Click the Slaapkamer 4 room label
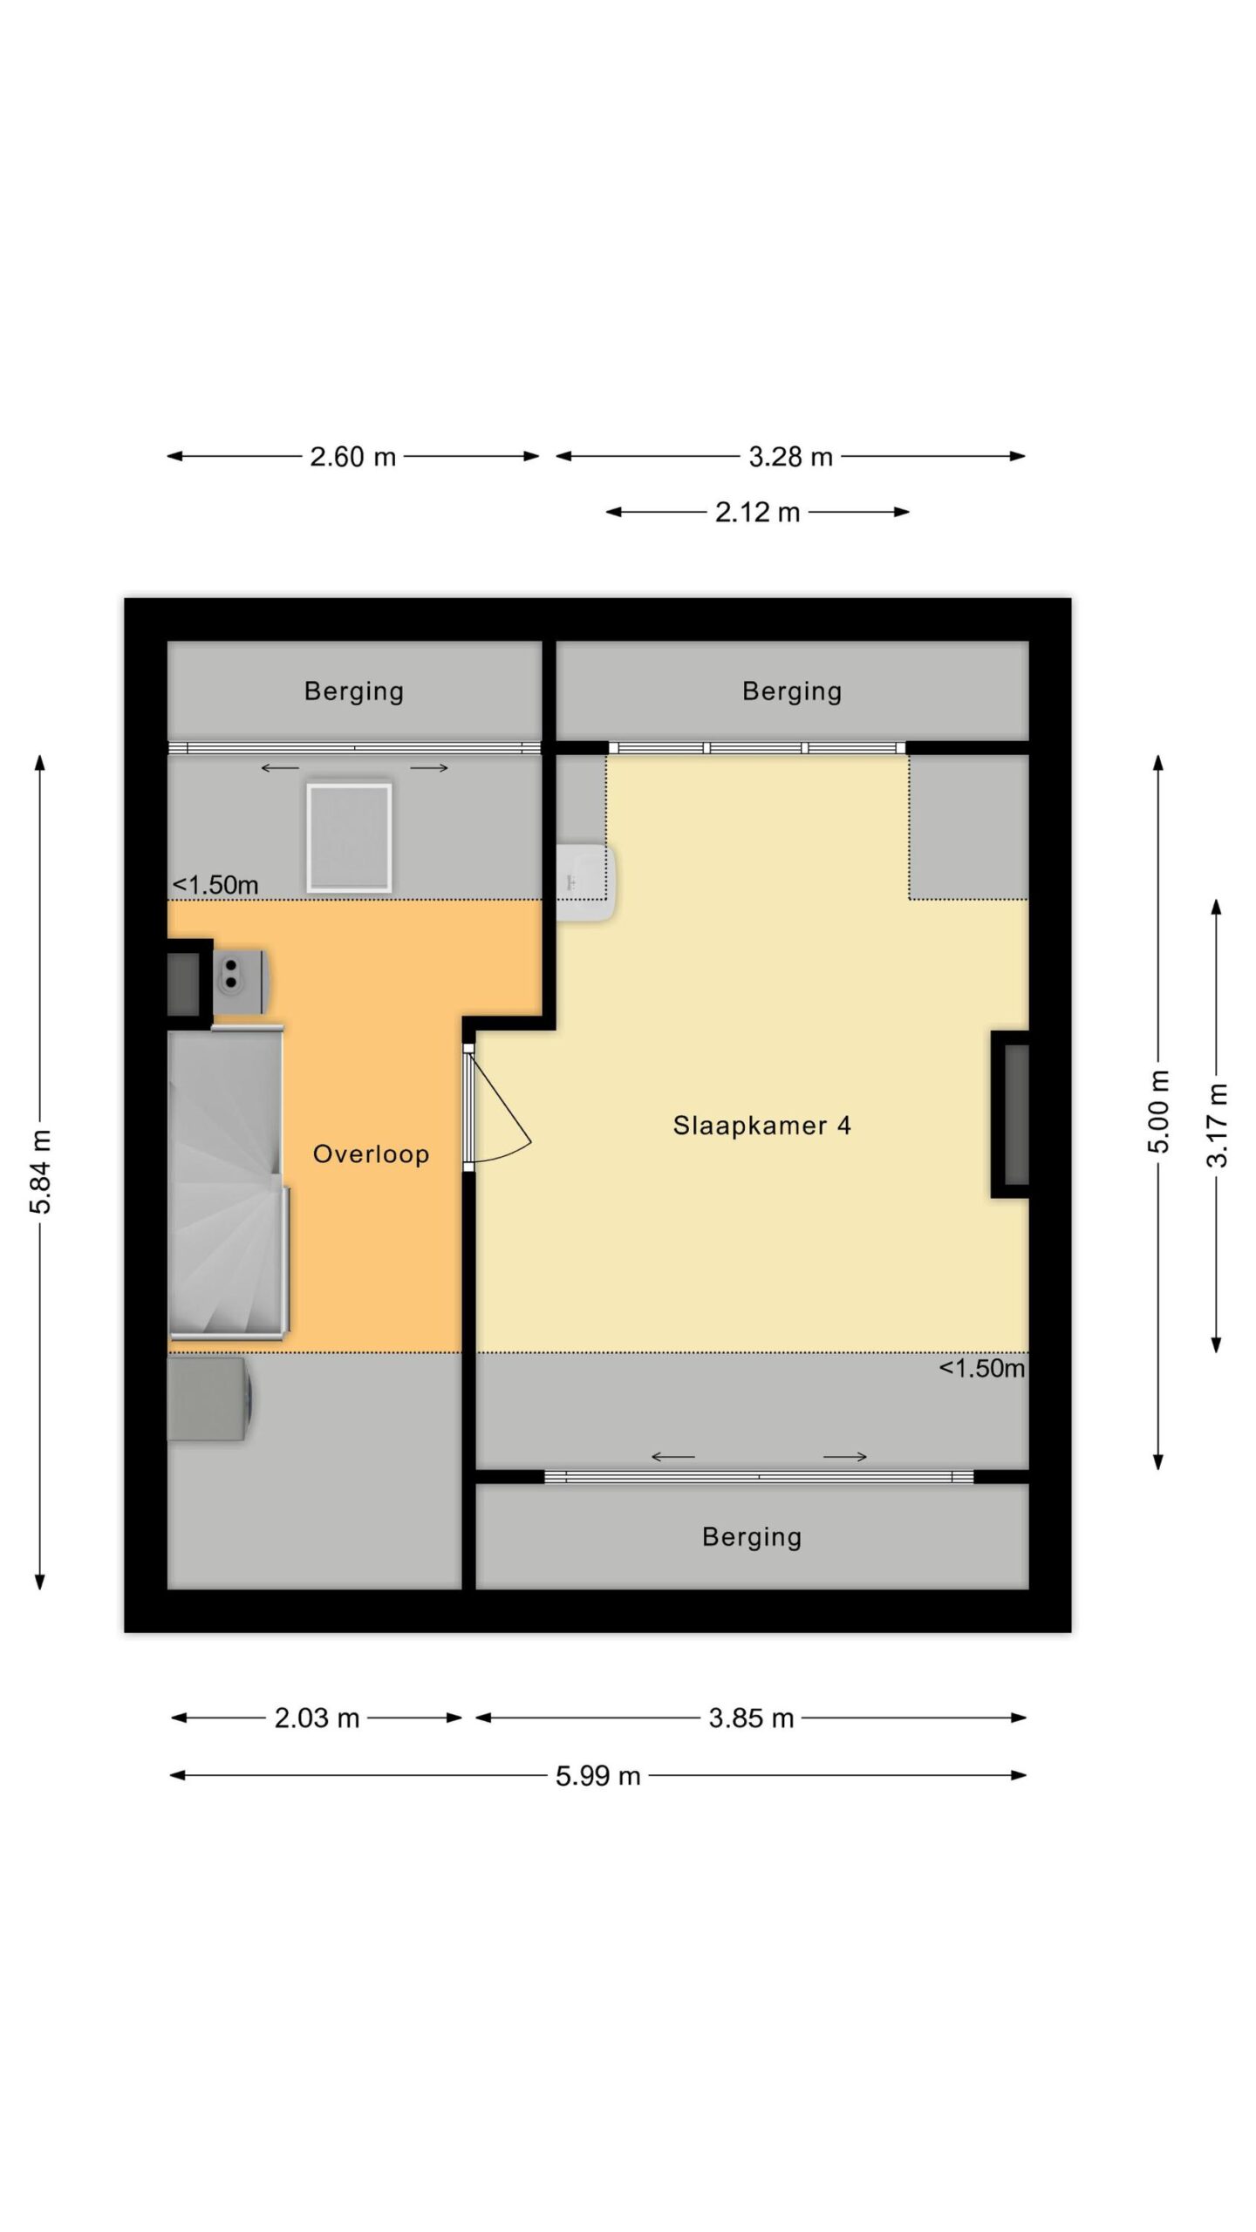click(x=761, y=1126)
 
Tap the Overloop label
click(x=371, y=1154)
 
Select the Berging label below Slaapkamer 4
click(x=752, y=1536)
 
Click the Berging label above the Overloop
click(x=354, y=691)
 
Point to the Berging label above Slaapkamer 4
click(x=792, y=691)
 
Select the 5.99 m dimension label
click(x=598, y=1776)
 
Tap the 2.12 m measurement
click(x=757, y=512)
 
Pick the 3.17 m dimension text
click(x=1217, y=1126)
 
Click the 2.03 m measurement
click(x=317, y=1718)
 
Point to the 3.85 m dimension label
click(x=751, y=1718)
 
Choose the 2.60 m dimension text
click(x=353, y=456)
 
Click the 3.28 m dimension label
click(x=790, y=456)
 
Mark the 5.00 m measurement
click(x=1158, y=1112)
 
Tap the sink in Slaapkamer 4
click(x=586, y=882)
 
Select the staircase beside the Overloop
click(x=228, y=1183)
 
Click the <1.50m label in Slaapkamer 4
click(x=981, y=1368)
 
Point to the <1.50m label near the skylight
click(x=215, y=885)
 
